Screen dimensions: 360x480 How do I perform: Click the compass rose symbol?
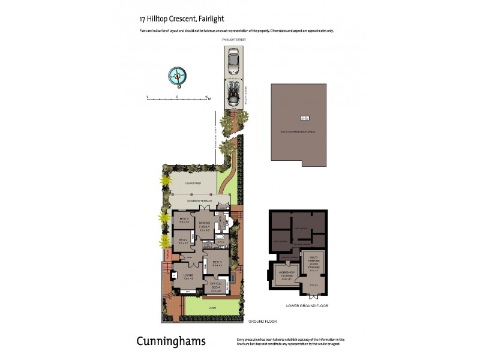coord(177,76)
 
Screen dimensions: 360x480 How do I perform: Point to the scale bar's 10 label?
coord(206,96)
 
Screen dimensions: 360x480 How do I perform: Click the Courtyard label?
coord(193,183)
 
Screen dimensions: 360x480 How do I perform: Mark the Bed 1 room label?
coord(217,263)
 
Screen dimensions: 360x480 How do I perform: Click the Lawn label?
coord(212,308)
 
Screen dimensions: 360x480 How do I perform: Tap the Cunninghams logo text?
coord(171,341)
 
